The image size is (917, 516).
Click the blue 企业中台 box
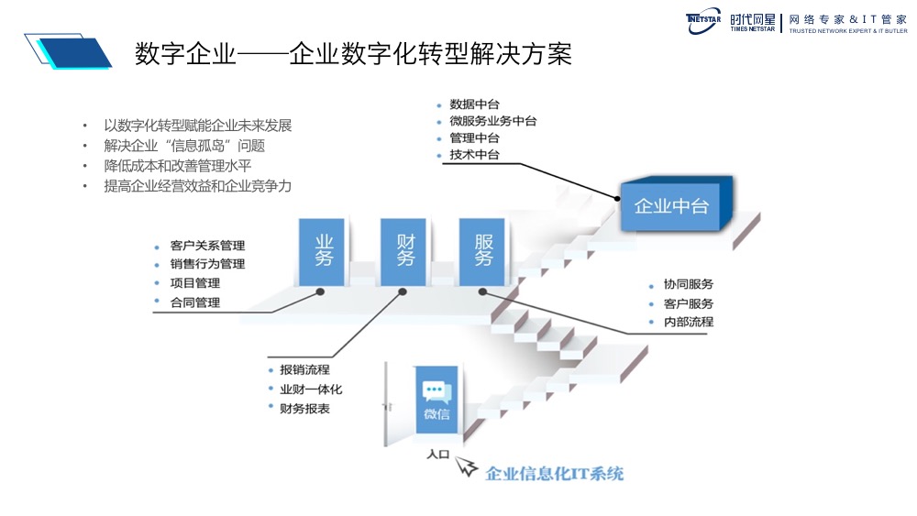[x=672, y=205]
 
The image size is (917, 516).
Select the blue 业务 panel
[x=323, y=250]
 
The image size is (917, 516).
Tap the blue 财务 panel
[x=404, y=250]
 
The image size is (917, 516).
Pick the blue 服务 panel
[x=483, y=250]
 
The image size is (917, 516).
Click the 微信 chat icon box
[x=436, y=401]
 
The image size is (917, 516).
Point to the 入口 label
[x=438, y=454]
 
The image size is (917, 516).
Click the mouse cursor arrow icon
[x=468, y=467]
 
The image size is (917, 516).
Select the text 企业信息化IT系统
[x=554, y=474]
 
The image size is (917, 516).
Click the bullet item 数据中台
[x=474, y=104]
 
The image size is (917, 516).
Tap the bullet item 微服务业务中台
[x=492, y=121]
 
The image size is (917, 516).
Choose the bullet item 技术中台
[x=474, y=155]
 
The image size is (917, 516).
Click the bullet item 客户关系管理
[x=207, y=246]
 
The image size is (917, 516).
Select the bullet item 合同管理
[x=194, y=302]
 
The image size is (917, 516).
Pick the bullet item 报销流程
[x=304, y=370]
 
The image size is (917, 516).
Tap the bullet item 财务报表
[x=304, y=409]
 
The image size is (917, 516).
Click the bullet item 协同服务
[x=688, y=284]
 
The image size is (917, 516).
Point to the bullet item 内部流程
[x=688, y=322]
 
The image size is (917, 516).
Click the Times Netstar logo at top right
[x=796, y=22]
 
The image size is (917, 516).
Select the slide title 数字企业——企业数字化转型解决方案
[x=353, y=54]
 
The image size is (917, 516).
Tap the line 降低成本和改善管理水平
[x=178, y=166]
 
